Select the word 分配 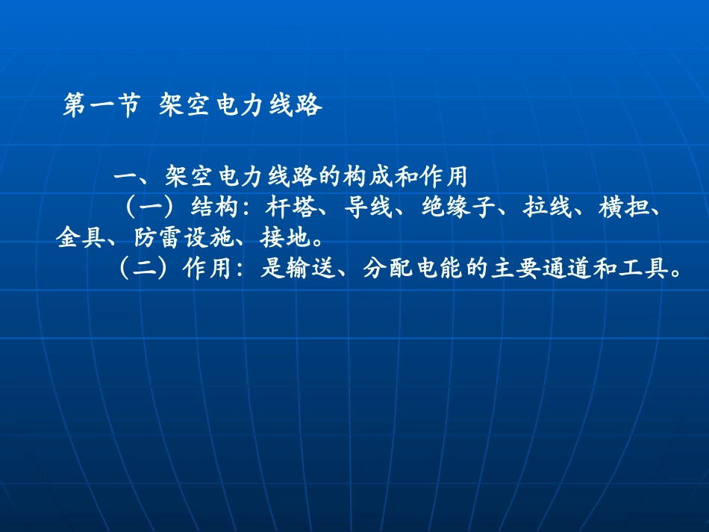pos(388,269)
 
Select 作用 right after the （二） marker pos(209,269)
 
